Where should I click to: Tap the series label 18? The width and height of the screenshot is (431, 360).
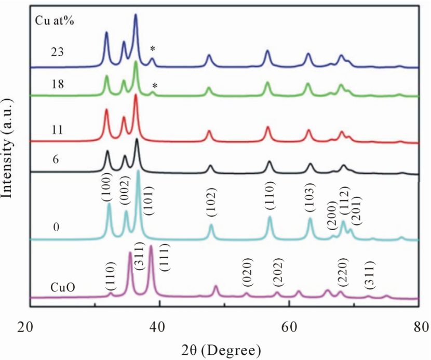point(58,85)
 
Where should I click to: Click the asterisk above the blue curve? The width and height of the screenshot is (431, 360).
point(152,49)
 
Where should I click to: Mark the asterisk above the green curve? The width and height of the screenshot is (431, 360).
point(154,86)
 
